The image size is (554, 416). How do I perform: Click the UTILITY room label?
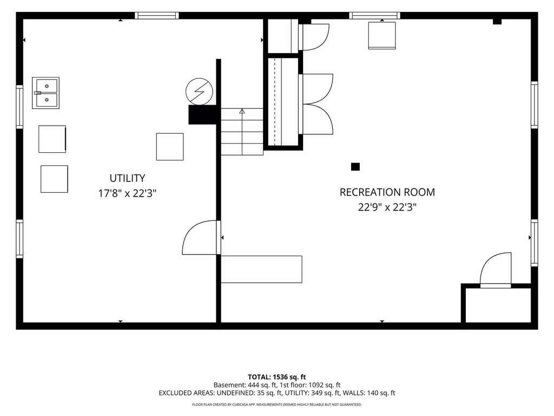coord(127,178)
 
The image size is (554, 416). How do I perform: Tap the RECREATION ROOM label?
coord(387,192)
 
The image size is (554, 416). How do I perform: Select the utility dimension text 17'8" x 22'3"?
coord(127,193)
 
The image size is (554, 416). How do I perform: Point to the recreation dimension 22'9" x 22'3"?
coord(387,207)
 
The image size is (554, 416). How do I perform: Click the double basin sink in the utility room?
coord(45,93)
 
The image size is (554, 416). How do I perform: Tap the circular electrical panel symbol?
coord(199,91)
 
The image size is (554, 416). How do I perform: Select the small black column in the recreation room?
coord(355,167)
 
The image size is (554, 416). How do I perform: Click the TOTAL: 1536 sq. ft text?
coord(276,377)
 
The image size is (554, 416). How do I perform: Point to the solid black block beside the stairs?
coord(202,115)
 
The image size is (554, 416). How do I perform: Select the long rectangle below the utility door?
coord(261,269)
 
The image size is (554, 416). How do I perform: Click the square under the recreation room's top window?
coord(382,35)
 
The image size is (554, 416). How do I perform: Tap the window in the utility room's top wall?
coord(157,16)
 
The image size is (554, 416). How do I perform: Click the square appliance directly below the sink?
coord(52,139)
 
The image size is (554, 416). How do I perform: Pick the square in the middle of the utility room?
coord(170,147)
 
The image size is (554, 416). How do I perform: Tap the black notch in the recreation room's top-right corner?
coord(497,22)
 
